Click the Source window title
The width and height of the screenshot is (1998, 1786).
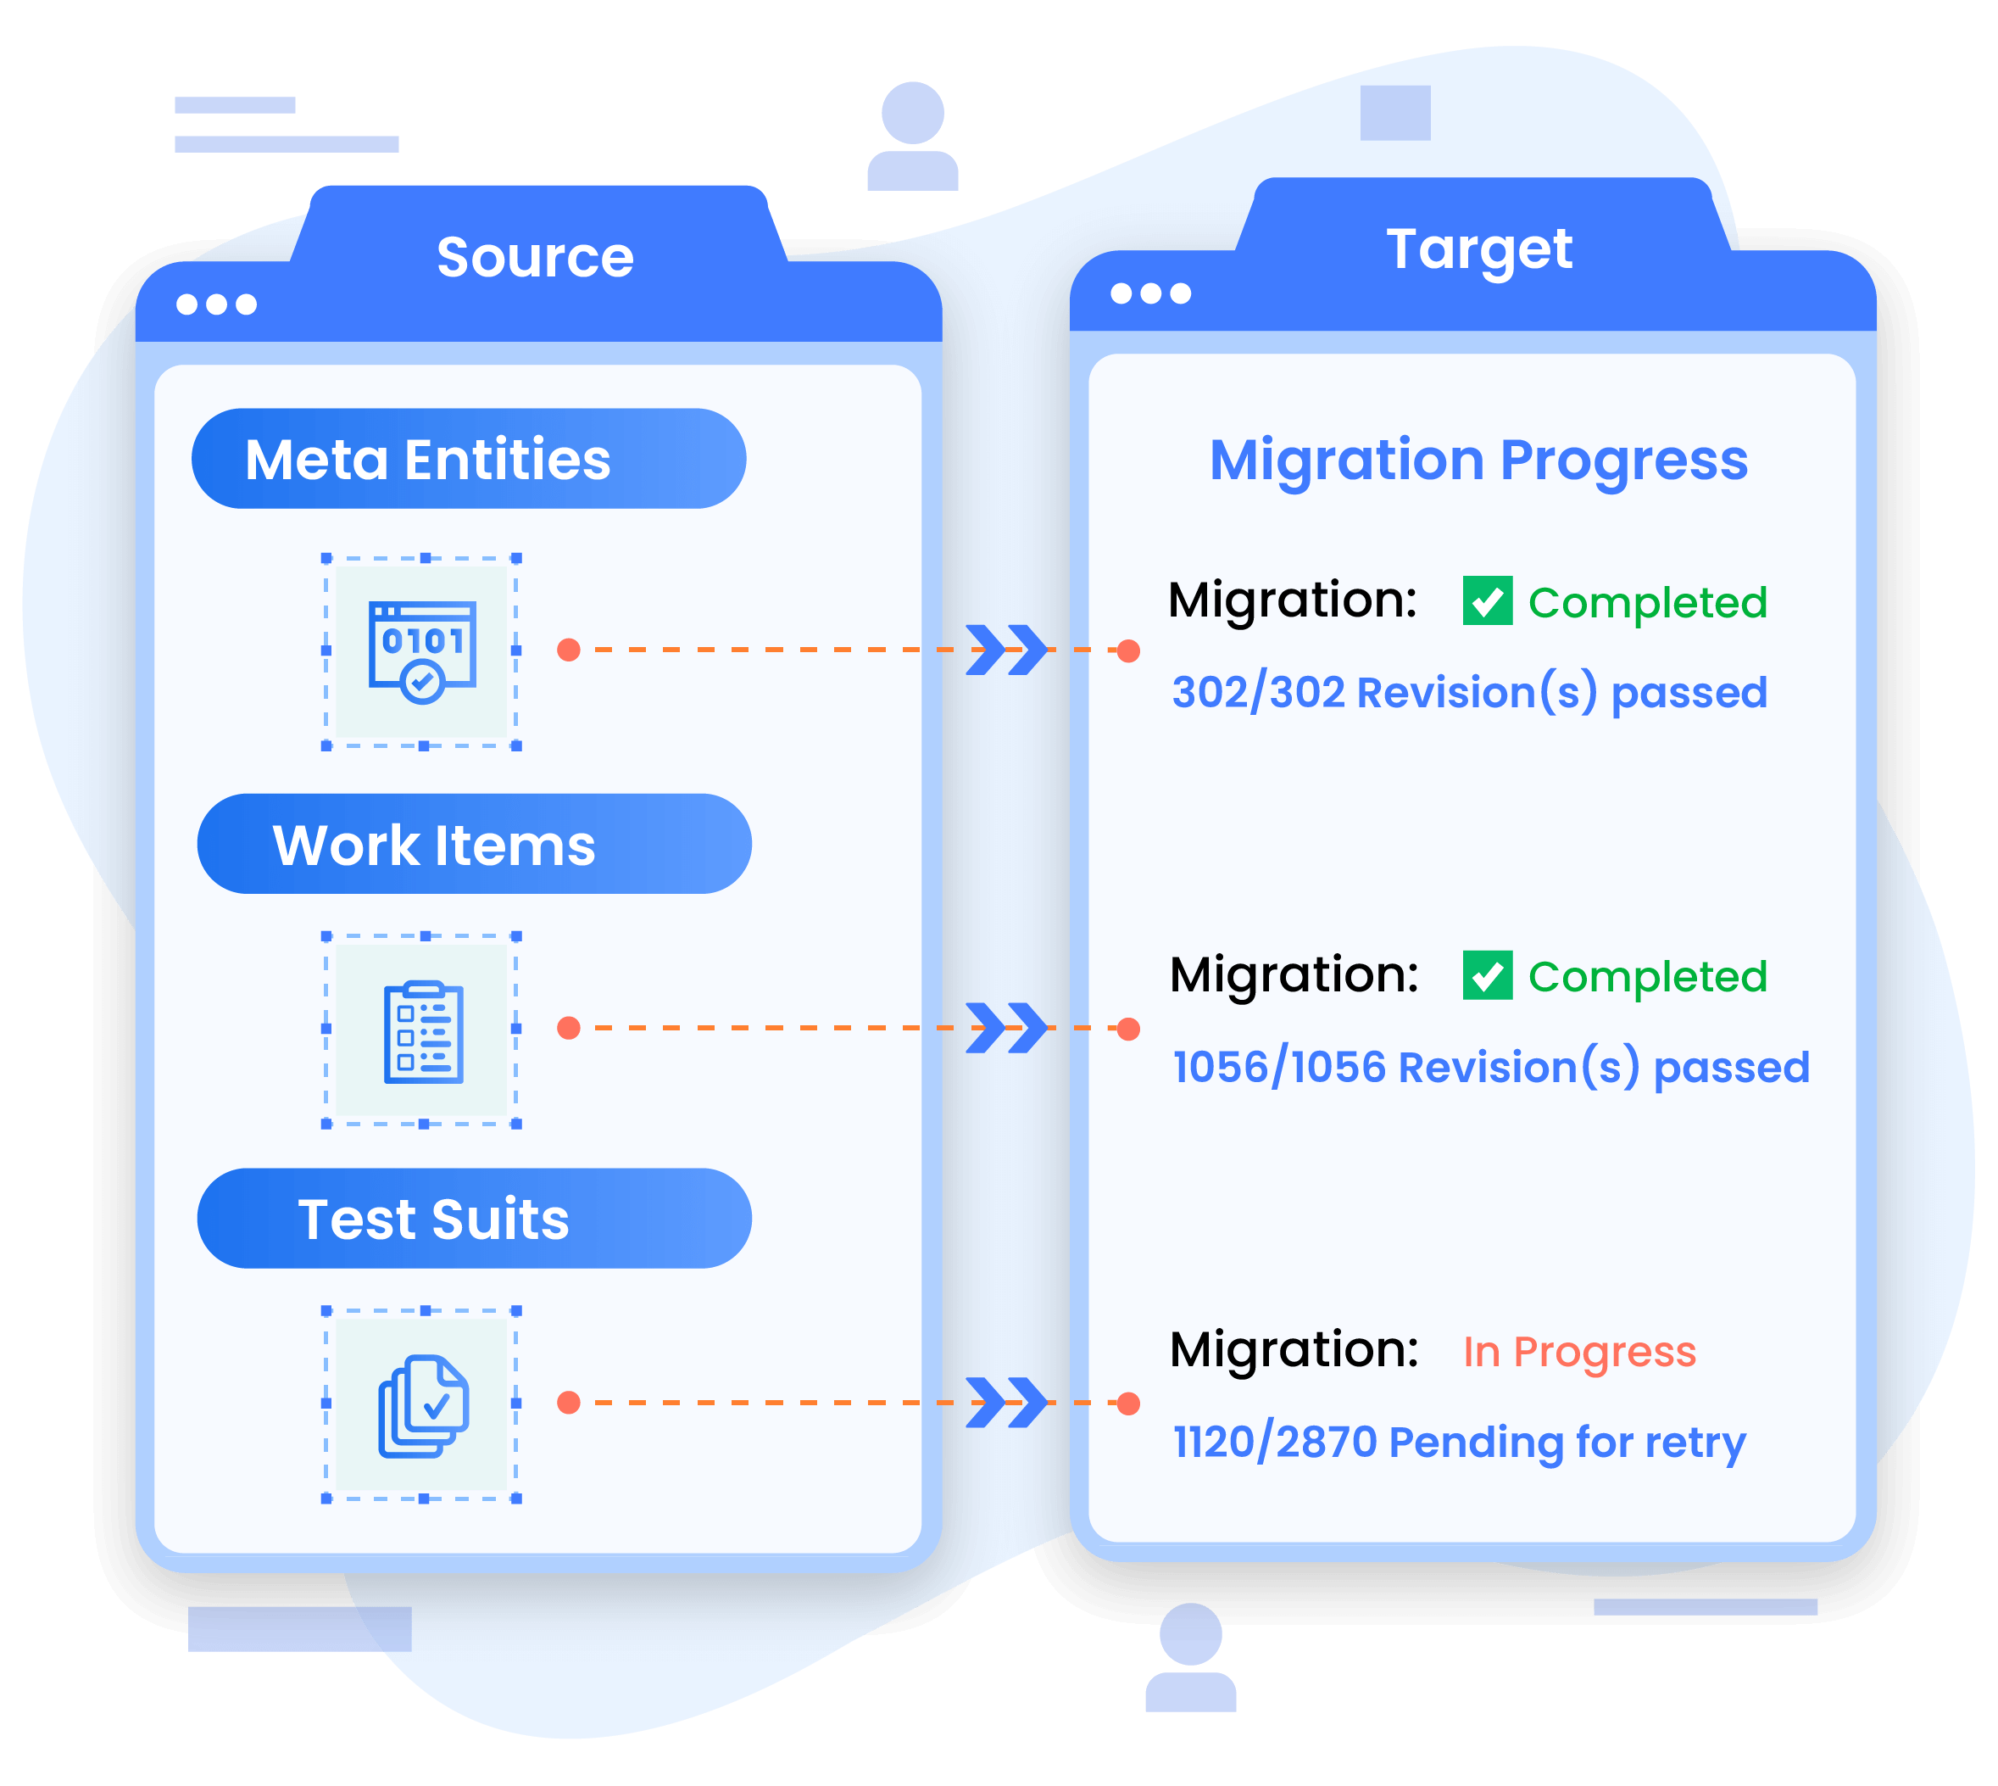pyautogui.click(x=535, y=257)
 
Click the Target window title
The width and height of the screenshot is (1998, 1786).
pyautogui.click(x=1479, y=248)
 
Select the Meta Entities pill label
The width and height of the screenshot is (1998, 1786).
pyautogui.click(x=427, y=460)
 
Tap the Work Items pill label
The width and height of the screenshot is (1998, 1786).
pyautogui.click(x=433, y=845)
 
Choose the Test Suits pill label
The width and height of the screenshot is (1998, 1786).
pyautogui.click(x=433, y=1219)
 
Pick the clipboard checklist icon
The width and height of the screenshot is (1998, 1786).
pyautogui.click(x=423, y=1031)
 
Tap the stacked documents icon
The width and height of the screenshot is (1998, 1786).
pyautogui.click(x=423, y=1405)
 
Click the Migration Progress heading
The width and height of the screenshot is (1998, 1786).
pyautogui.click(x=1478, y=460)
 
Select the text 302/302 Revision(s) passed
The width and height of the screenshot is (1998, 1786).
pyautogui.click(x=1469, y=693)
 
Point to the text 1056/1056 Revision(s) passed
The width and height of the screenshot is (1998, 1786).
pyautogui.click(x=1491, y=1068)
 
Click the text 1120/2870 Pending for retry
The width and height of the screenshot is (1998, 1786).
pyautogui.click(x=1459, y=1443)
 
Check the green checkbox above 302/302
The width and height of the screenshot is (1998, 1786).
pyautogui.click(x=1487, y=600)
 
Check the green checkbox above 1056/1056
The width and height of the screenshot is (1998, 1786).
pyautogui.click(x=1487, y=975)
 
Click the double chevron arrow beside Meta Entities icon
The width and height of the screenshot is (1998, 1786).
pyautogui.click(x=1006, y=650)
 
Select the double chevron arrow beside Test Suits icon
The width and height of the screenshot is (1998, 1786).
pyautogui.click(x=1006, y=1404)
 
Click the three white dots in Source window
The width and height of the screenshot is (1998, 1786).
pyautogui.click(x=216, y=305)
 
